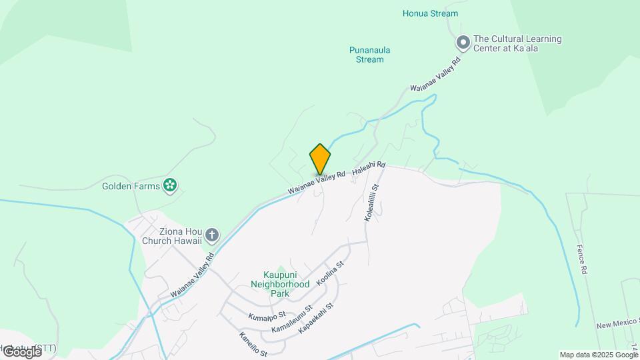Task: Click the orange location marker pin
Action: tap(320, 159)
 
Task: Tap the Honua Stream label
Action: tap(430, 13)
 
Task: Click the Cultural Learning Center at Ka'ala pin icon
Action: tap(463, 43)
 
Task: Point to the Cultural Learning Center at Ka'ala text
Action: tap(517, 43)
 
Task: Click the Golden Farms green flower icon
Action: tap(170, 185)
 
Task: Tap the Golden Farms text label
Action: tap(131, 186)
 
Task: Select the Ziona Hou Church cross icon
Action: tap(212, 235)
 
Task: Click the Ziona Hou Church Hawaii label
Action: tap(172, 235)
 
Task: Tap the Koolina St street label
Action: tap(330, 274)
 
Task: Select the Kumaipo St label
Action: tap(267, 314)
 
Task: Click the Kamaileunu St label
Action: tap(292, 319)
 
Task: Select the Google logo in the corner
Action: tap(21, 351)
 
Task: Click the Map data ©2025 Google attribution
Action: tap(599, 355)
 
